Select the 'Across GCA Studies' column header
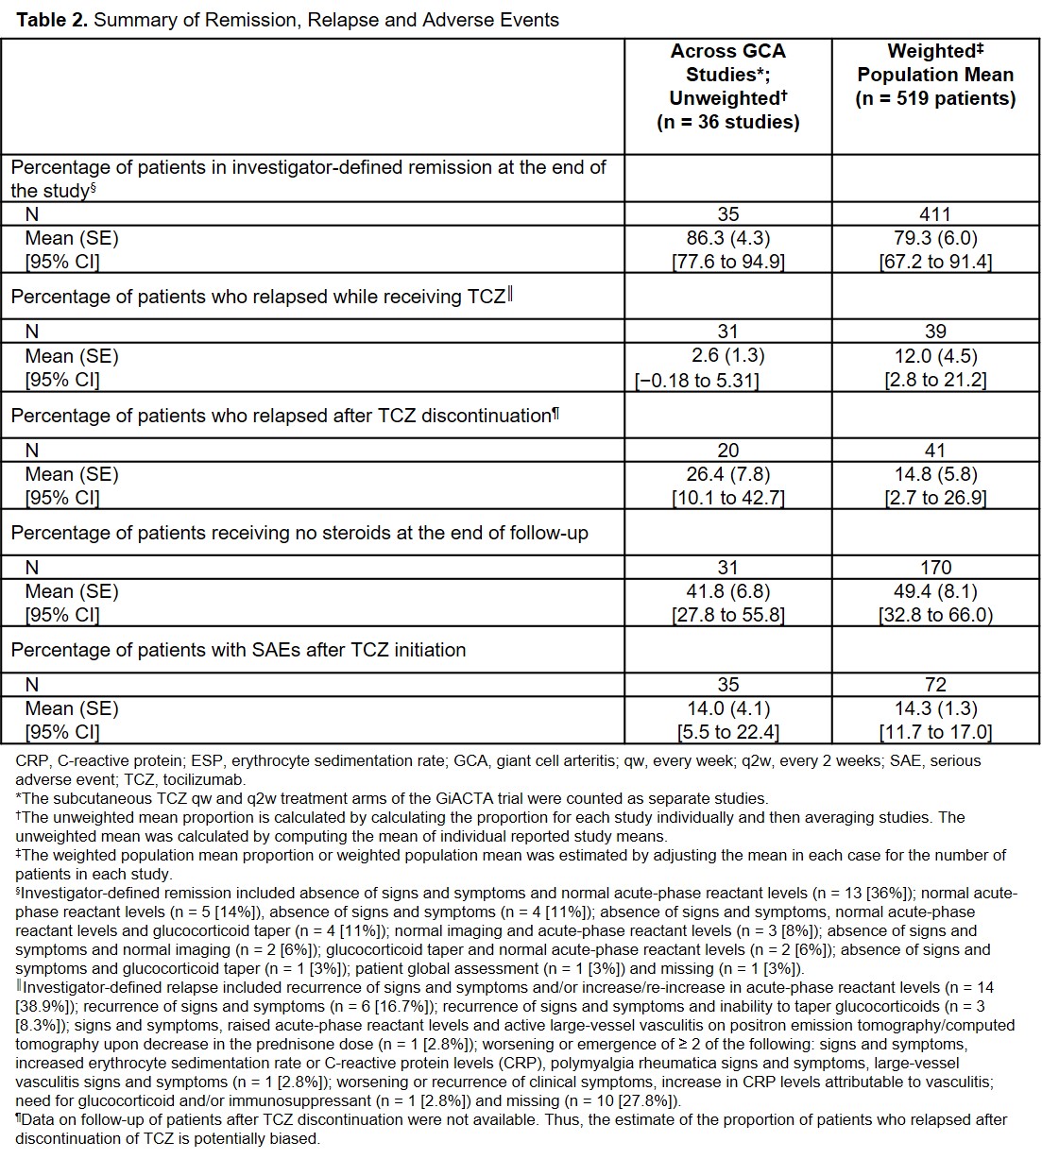[727, 86]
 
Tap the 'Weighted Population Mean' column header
[935, 75]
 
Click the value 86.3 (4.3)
[727, 238]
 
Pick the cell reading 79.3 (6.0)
[935, 238]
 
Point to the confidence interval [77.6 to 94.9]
[727, 262]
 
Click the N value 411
[935, 214]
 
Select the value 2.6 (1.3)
[727, 356]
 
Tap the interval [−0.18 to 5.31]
[696, 380]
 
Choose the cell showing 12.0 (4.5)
[935, 356]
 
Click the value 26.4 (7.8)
[727, 474]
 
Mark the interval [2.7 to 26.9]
[935, 498]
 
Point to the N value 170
[935, 568]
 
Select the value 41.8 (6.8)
[727, 591]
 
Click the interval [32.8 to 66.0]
[935, 615]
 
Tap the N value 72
[935, 685]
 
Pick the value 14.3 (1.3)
[935, 708]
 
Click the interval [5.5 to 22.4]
[727, 732]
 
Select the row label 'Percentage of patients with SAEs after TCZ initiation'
[238, 650]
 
